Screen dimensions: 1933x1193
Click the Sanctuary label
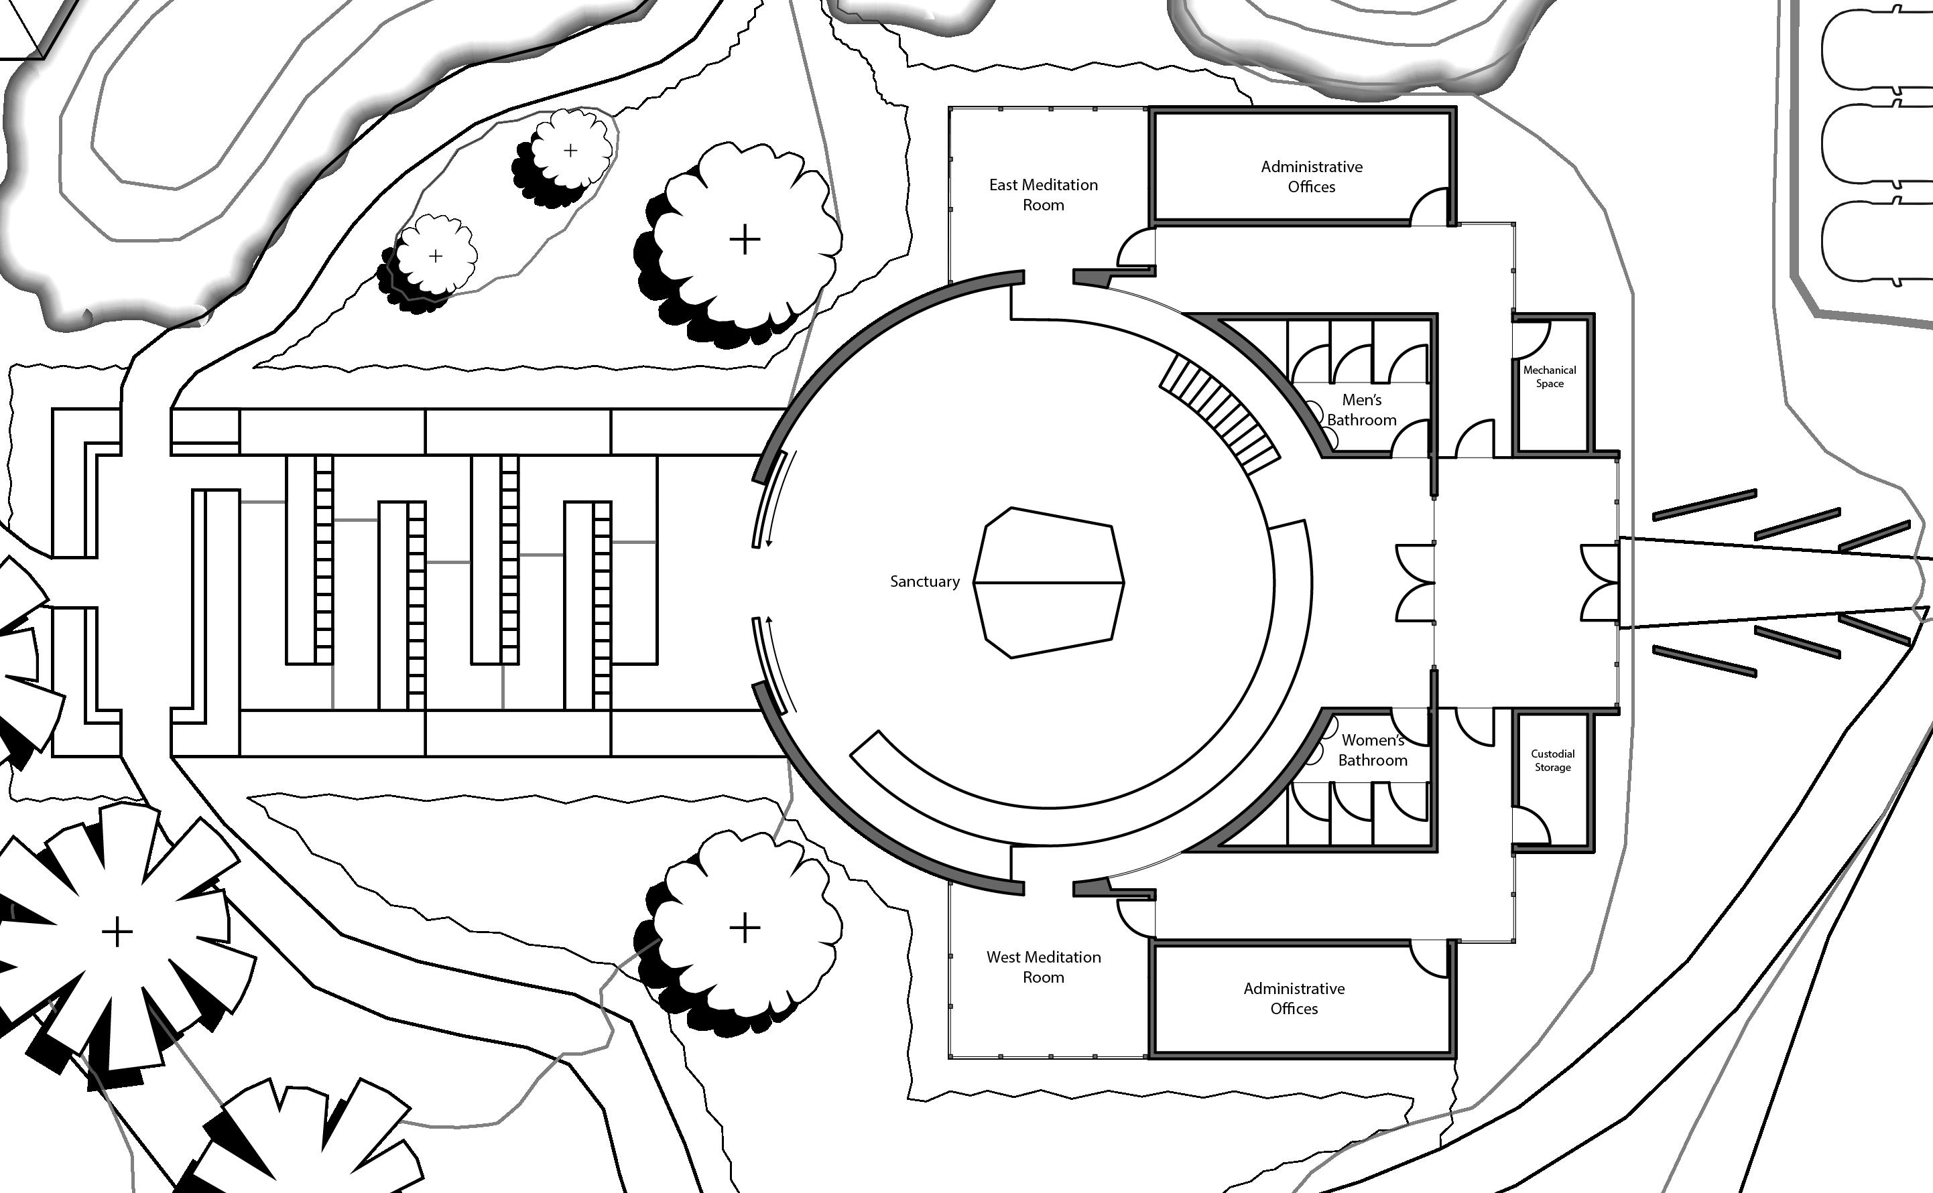[924, 581]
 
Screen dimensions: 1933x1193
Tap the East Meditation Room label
[1043, 195]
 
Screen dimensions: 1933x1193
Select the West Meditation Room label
[1043, 967]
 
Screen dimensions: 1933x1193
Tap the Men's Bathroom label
[1361, 409]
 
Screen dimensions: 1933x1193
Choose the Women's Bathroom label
[1372, 750]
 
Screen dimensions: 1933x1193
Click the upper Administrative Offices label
[1311, 177]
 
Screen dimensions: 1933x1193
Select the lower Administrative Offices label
[1294, 998]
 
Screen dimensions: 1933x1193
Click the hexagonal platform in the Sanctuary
[1048, 582]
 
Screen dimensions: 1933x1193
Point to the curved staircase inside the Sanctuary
[1219, 412]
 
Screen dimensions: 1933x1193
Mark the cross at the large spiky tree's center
[117, 932]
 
